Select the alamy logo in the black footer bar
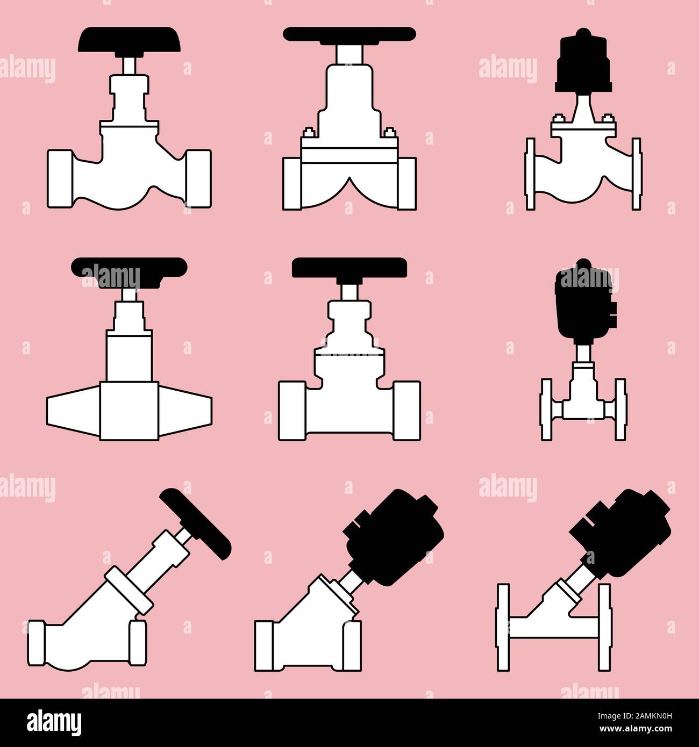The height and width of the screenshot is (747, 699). (54, 721)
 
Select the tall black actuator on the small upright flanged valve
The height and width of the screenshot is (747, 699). (585, 301)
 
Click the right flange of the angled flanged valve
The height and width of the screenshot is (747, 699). (605, 627)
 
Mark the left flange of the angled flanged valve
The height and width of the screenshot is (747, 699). (503, 627)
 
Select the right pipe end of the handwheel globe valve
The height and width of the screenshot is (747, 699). (198, 178)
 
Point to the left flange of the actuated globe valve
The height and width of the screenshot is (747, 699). (531, 174)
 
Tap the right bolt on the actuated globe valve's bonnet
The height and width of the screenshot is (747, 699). (608, 120)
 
